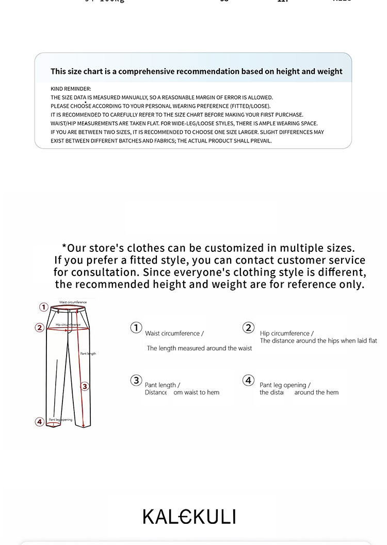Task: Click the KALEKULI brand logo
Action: (x=189, y=517)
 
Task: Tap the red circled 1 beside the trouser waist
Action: (x=44, y=308)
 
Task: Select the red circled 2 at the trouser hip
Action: (x=39, y=327)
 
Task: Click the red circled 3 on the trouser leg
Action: (x=85, y=386)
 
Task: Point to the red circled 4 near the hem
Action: (x=39, y=422)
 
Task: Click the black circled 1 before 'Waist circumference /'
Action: (x=136, y=328)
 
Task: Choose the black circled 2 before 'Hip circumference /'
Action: (x=249, y=328)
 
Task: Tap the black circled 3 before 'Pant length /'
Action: (x=136, y=380)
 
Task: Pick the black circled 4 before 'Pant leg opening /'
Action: (x=249, y=380)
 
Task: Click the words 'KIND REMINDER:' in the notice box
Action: (x=71, y=89)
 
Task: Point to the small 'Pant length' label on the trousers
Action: (x=88, y=354)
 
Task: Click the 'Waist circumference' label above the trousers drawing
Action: (x=73, y=302)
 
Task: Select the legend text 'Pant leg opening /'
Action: (x=285, y=385)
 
